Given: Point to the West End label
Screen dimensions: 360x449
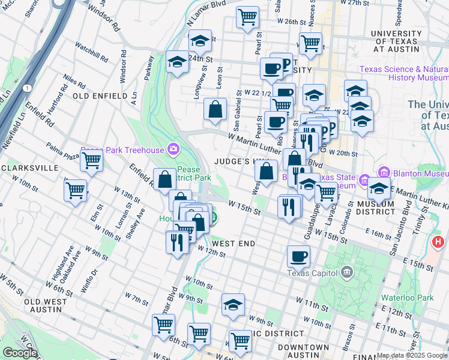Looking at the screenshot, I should click(x=234, y=244).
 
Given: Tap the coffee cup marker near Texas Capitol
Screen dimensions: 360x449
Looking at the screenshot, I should click(x=298, y=256).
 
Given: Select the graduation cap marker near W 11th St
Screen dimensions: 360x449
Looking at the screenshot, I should click(x=233, y=304).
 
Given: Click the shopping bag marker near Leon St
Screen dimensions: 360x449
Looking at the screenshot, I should click(x=215, y=109).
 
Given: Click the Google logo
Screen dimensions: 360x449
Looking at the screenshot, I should click(x=19, y=353).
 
